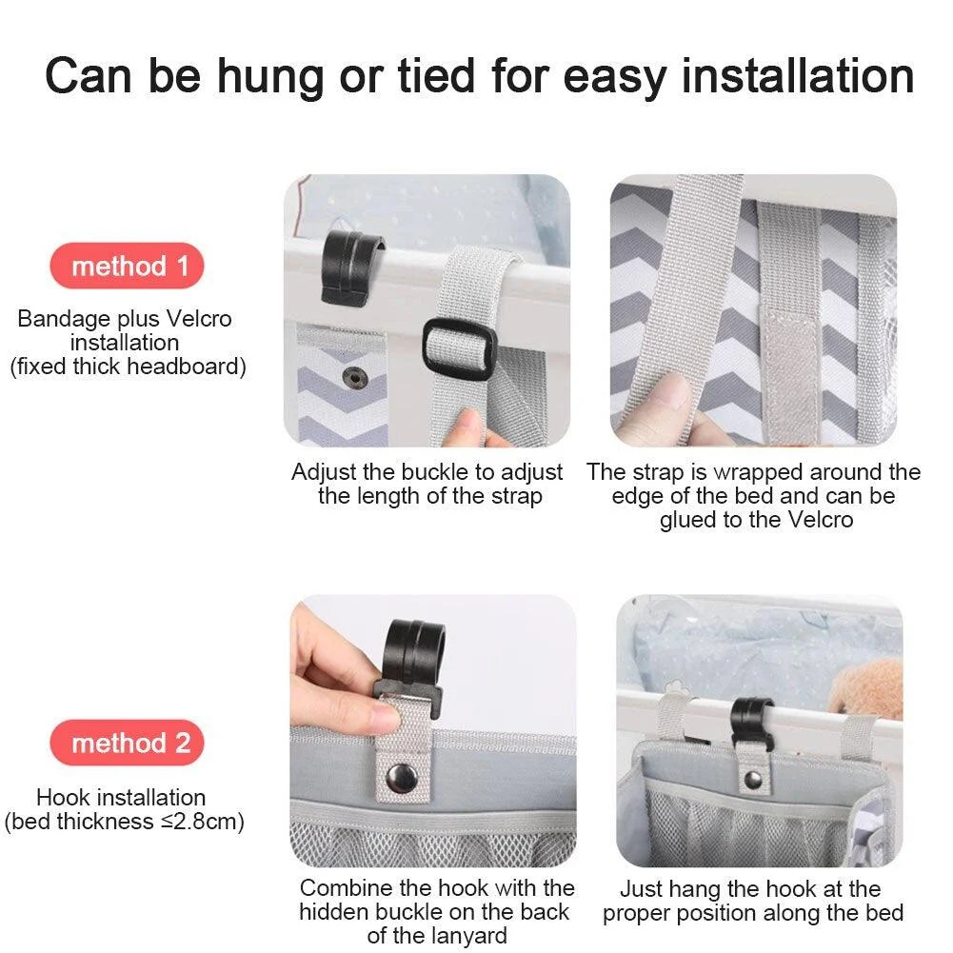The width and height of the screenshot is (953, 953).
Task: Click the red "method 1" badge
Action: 127,266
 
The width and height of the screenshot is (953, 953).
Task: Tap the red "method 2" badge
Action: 127,743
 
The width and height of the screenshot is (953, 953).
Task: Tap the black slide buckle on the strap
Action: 457,349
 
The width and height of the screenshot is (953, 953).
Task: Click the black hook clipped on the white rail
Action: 349,267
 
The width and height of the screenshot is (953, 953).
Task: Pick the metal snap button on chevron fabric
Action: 358,378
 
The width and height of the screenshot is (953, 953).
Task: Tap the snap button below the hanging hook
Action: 753,780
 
